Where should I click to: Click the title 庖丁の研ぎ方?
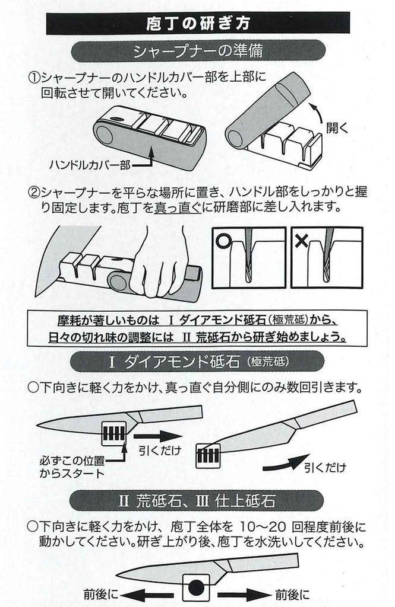198,23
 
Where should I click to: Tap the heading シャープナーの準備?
198,51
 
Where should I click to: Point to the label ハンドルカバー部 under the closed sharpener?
90,165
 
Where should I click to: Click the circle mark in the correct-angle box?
223,241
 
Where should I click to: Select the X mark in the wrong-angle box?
302,241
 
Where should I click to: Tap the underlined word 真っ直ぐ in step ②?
178,207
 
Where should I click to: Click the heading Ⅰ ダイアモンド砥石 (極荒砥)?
198,362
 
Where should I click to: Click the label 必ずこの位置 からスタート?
72,467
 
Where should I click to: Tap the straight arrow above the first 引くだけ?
157,436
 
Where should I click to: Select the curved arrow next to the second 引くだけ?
286,462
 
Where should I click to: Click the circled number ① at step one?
34,78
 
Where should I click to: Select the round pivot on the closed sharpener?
104,135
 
